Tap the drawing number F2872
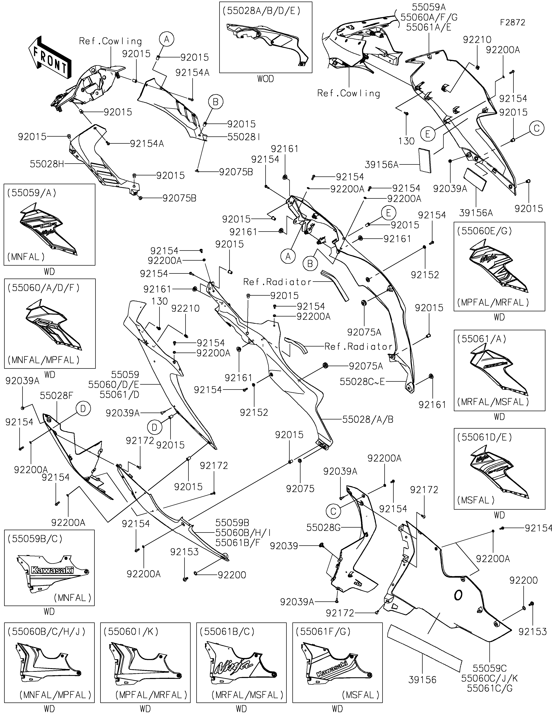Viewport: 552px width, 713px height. (512, 23)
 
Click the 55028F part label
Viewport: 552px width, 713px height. (56, 396)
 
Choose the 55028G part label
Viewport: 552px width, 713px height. (323, 528)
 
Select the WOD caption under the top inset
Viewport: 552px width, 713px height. (265, 79)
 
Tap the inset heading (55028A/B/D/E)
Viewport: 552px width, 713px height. (261, 11)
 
